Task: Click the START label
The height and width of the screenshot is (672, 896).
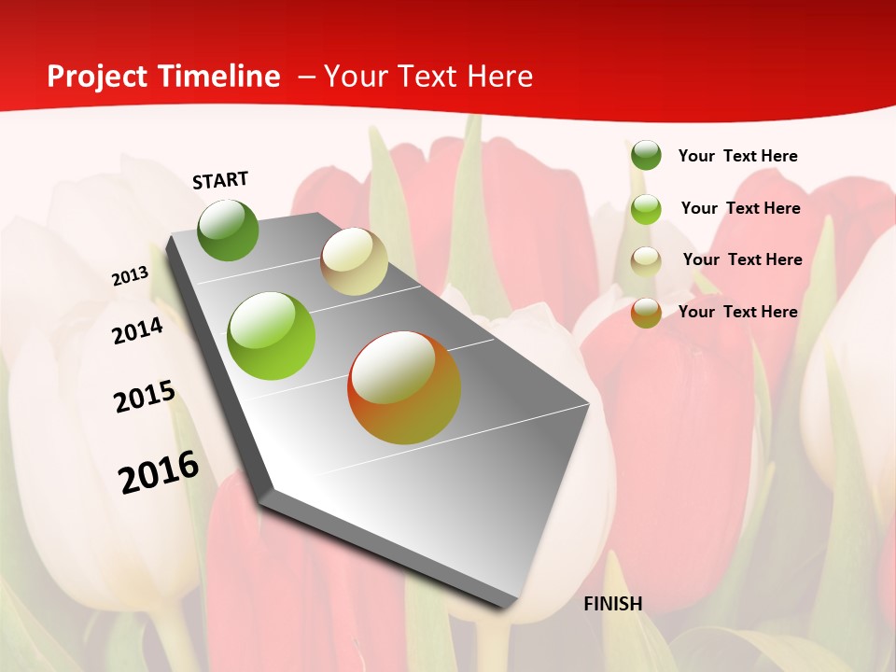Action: (x=220, y=180)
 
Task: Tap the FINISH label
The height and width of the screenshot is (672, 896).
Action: (x=613, y=604)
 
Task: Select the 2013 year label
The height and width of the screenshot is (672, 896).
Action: (x=130, y=276)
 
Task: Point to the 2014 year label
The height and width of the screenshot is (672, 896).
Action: (x=137, y=330)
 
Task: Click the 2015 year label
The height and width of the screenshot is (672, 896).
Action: (x=144, y=397)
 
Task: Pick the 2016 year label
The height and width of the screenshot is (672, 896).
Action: (x=159, y=472)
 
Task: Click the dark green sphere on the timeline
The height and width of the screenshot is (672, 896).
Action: (x=228, y=230)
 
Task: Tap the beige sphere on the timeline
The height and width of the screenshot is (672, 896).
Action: (x=354, y=261)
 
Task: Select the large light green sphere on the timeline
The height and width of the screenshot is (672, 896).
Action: (x=271, y=336)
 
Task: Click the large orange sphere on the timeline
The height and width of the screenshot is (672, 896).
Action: (x=404, y=387)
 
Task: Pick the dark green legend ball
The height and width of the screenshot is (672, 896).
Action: (x=646, y=155)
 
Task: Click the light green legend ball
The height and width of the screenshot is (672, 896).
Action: (x=646, y=209)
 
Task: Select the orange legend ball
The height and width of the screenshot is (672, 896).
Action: (x=646, y=313)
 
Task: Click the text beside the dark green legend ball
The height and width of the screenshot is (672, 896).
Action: (x=737, y=156)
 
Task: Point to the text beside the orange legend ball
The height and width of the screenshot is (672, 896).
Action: (x=737, y=312)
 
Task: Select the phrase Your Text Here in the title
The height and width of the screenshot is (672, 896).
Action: (x=428, y=77)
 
